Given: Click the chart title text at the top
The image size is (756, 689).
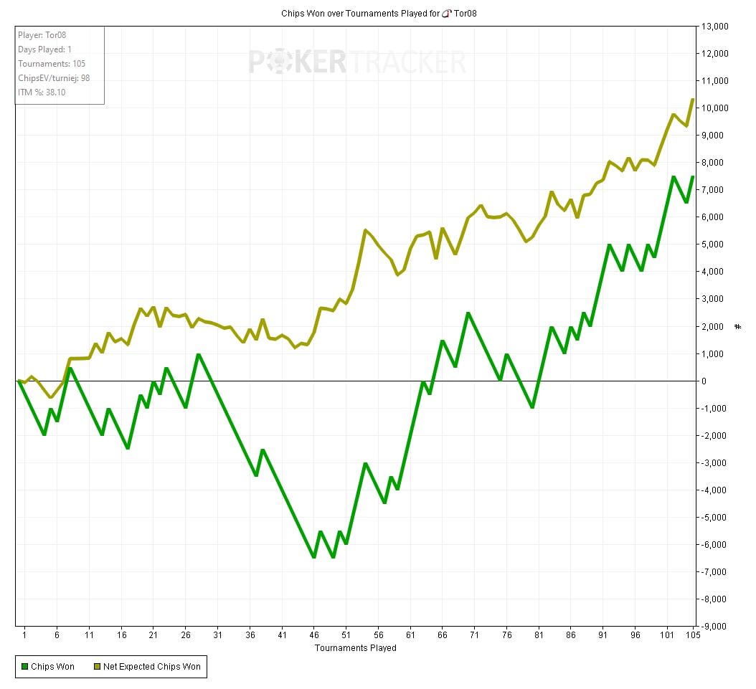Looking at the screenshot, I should point(377,13).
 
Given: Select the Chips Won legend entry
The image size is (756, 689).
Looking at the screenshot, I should point(49,667).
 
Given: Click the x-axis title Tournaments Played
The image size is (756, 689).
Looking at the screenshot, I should point(355,648).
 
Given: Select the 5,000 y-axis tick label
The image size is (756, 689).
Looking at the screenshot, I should point(716,244).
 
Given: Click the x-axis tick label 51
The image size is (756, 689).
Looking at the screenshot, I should point(346,635).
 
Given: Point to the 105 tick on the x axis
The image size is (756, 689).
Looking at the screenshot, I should point(692,635).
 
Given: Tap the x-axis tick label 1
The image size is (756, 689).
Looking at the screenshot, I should point(24,635).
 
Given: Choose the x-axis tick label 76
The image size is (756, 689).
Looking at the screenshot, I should point(506,635).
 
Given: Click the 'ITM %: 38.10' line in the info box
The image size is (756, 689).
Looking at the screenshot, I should point(42,92).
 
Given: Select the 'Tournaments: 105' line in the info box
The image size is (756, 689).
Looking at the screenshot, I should point(52,64).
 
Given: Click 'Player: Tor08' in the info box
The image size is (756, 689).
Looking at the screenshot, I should point(42,35).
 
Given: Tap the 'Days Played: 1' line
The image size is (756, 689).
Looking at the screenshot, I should point(44,49).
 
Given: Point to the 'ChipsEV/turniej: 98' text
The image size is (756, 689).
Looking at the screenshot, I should point(54,78).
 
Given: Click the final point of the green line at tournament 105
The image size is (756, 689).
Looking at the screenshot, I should point(692,176).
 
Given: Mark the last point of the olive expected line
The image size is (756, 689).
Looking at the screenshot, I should point(692,100).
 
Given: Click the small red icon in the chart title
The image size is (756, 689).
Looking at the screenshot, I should point(446,13).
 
